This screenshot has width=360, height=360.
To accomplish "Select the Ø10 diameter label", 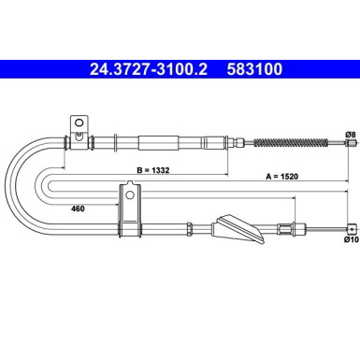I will point(349,240).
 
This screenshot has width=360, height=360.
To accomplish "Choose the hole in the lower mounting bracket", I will point(129,196).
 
